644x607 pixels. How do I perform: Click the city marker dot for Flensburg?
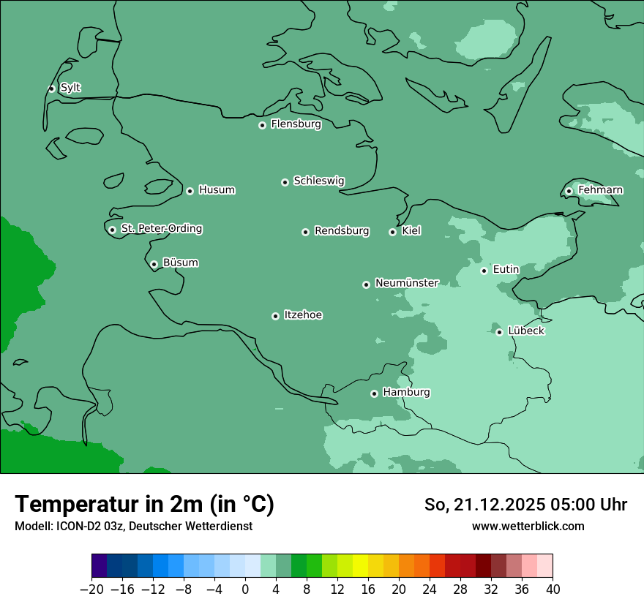coord(262,125)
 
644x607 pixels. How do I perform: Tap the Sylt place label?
coord(70,88)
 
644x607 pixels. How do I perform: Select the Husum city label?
coord(217,190)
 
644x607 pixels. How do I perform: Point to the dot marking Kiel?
coord(392,232)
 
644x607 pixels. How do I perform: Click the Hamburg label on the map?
coord(406,392)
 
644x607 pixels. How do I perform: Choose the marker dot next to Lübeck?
coord(499,332)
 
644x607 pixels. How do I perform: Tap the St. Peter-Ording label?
coord(161,228)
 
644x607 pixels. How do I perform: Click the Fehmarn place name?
coord(600,190)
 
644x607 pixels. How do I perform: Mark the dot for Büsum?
coord(154,264)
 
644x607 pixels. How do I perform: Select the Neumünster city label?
coord(406,283)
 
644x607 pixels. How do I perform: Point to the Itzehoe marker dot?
coord(275,316)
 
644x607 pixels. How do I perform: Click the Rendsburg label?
coord(342,231)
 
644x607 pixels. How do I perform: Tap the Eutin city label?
coord(506,269)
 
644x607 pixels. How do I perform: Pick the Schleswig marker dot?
coord(285,182)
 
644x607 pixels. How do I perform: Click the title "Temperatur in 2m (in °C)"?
coord(144,504)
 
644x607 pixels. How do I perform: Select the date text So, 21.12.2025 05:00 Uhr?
coord(525,505)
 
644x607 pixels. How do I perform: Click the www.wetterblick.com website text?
coord(528,526)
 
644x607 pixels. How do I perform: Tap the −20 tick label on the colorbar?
coord(91,589)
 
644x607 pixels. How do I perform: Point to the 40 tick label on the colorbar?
coord(553,589)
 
